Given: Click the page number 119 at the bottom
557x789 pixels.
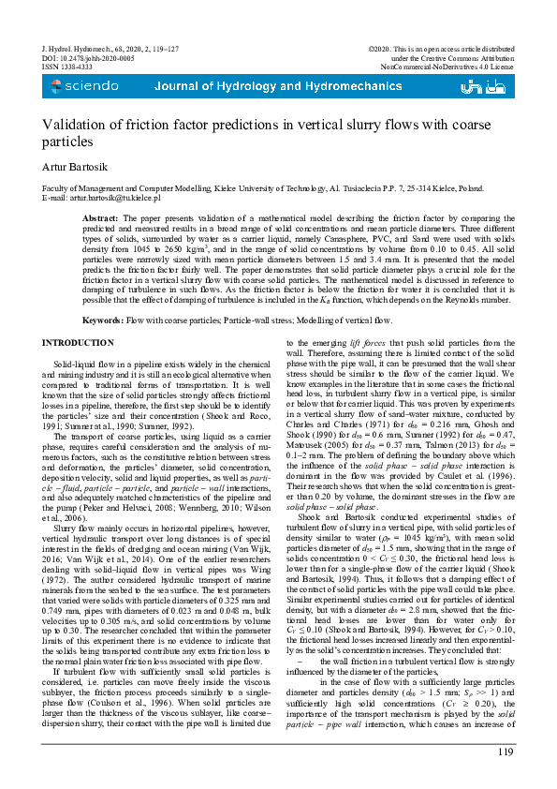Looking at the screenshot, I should point(506,752).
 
